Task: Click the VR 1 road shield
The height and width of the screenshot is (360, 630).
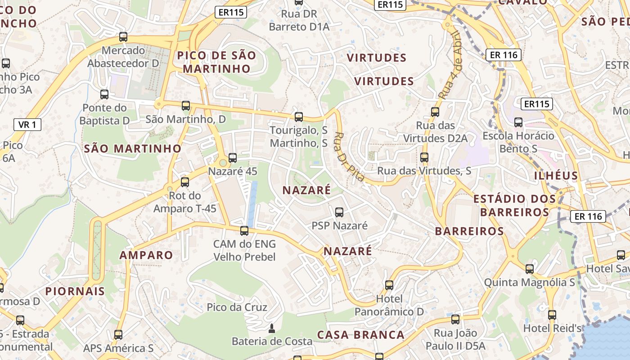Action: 27,125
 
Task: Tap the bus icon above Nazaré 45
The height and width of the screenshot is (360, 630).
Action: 233,158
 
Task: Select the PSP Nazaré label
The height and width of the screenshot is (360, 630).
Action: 340,225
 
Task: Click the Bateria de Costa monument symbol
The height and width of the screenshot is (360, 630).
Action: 271,329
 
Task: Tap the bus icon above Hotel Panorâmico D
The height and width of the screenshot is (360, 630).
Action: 389,285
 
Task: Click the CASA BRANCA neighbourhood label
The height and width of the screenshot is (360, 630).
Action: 361,335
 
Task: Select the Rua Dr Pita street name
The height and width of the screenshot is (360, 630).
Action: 349,157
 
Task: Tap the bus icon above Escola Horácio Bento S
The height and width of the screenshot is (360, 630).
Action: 518,122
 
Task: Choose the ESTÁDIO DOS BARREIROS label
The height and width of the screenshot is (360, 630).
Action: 512,205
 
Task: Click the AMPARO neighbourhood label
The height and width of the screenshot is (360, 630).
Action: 146,255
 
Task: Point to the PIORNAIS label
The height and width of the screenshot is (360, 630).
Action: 75,291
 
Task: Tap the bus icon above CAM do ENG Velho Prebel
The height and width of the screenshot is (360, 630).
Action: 244,231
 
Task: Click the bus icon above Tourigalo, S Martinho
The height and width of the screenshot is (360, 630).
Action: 298,117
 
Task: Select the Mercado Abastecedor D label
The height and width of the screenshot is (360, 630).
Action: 123,57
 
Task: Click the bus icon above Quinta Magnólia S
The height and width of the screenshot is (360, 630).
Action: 530,269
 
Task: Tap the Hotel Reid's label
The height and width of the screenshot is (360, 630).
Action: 553,328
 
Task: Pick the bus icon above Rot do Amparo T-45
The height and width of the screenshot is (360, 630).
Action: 185,182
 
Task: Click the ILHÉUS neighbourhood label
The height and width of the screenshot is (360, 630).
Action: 556,175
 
